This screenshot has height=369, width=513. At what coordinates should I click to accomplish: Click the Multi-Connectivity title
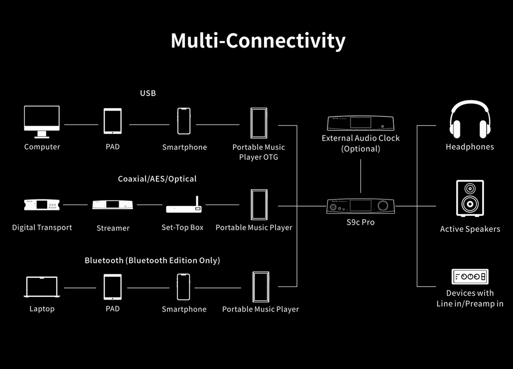click(258, 41)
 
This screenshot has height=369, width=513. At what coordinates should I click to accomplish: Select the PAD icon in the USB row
click(113, 121)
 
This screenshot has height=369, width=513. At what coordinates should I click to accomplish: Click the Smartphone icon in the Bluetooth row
click(184, 286)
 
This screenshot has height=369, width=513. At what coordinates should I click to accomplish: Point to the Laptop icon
click(42, 287)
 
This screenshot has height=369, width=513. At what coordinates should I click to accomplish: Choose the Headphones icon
click(469, 119)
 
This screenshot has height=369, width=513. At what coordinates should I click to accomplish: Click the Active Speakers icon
click(469, 198)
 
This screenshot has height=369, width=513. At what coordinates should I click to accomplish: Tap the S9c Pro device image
click(360, 206)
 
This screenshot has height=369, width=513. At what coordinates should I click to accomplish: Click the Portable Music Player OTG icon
click(259, 123)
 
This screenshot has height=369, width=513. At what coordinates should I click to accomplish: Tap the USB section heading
click(148, 93)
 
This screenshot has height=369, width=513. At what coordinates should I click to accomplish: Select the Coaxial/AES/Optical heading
click(157, 179)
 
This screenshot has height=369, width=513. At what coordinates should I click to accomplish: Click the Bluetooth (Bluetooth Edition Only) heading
click(152, 260)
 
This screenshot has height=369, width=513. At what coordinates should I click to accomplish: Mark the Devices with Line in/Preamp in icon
click(469, 277)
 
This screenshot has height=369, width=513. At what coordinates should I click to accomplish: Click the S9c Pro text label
click(360, 222)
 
